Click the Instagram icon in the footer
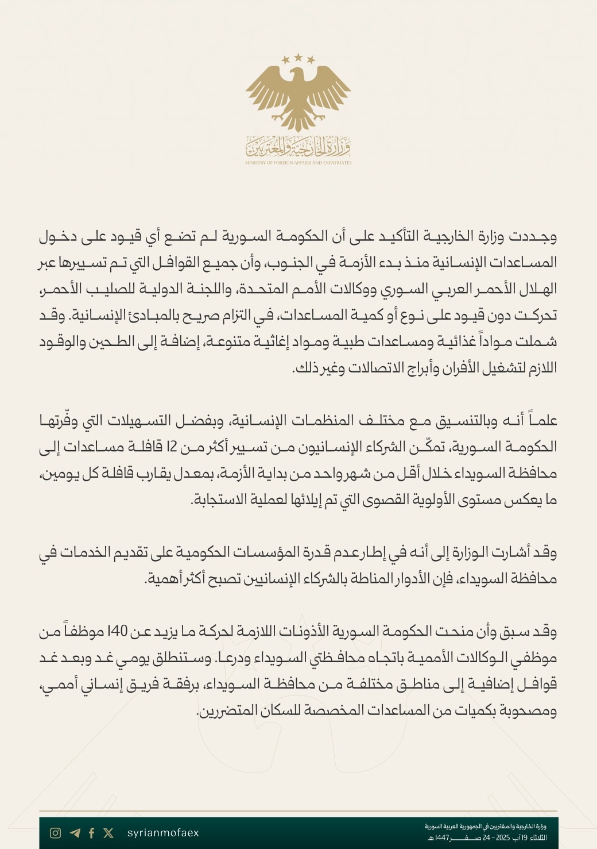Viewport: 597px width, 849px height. (x=55, y=833)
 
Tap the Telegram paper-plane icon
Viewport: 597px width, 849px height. (x=75, y=833)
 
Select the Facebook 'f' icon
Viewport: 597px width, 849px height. (x=91, y=833)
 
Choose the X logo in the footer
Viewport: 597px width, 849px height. (x=108, y=833)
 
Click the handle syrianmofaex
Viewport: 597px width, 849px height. (x=163, y=833)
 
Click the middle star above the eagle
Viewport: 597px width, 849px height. (x=298, y=57)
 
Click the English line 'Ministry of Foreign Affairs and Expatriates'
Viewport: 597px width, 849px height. (x=298, y=163)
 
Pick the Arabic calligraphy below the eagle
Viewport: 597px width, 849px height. (x=298, y=148)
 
